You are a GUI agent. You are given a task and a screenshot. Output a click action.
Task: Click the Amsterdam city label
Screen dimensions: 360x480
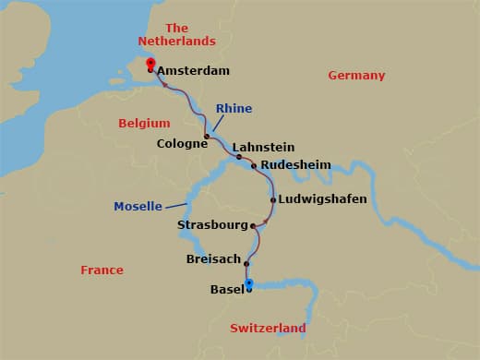[193, 70]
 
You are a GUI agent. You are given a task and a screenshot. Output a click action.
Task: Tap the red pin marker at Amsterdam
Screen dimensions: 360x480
[150, 64]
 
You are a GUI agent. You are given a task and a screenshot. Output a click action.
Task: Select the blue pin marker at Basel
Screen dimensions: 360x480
[249, 283]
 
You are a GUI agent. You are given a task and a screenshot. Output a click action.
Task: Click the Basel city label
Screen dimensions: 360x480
[226, 290]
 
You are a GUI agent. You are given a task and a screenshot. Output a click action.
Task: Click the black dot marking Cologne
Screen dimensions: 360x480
[207, 137]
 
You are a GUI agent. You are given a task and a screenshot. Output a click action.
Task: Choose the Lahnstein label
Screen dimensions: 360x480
[263, 147]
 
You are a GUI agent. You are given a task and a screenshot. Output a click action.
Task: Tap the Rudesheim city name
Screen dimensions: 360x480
[295, 164]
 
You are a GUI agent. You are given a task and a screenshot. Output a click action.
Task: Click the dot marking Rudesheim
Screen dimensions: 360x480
[254, 166]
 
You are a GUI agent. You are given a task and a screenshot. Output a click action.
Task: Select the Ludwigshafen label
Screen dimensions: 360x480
[324, 199]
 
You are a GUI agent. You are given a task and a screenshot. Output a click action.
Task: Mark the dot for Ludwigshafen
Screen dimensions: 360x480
[273, 199]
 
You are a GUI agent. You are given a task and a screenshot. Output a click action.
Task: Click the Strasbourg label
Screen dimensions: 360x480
[213, 225]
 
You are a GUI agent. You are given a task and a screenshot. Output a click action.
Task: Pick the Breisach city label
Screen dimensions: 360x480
[213, 259]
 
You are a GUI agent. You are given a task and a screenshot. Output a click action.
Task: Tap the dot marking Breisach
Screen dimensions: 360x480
[247, 263]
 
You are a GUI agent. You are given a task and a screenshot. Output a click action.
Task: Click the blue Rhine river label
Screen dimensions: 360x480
[234, 109]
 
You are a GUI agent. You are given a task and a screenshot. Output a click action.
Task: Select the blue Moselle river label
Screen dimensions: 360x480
[138, 206]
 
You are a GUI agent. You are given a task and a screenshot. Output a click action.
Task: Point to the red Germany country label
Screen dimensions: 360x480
[356, 76]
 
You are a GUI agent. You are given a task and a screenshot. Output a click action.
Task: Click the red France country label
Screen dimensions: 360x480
[102, 270]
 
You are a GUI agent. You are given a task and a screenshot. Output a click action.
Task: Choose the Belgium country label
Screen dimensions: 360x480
[145, 123]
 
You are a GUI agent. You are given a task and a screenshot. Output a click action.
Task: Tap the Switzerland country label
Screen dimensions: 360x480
[268, 329]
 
